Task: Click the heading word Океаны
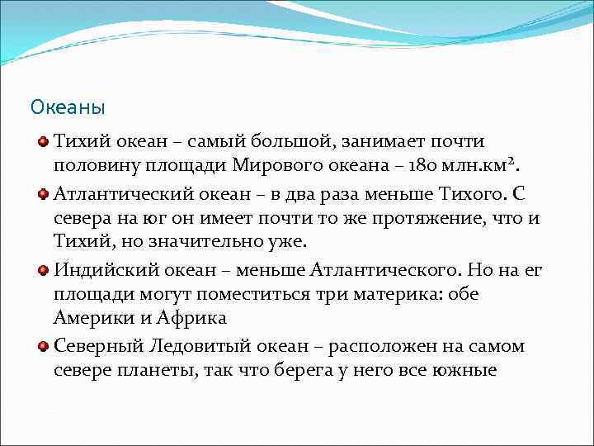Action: pos(68,107)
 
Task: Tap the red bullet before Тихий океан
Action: pos(42,142)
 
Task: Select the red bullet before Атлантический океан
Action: pos(42,194)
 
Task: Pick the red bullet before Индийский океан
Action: pos(42,270)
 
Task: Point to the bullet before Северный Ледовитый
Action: pos(42,346)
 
